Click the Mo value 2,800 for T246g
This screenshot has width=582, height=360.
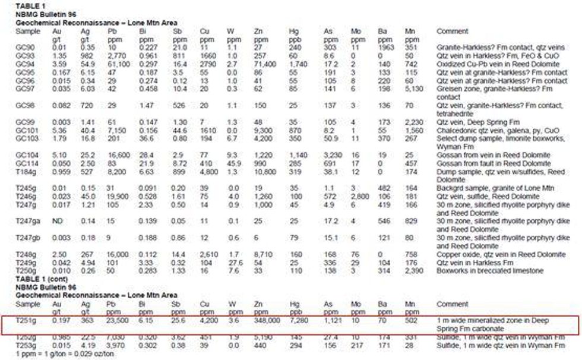coord(360,195)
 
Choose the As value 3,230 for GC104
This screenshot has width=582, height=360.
coord(333,154)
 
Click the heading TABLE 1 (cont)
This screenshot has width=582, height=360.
coord(37,279)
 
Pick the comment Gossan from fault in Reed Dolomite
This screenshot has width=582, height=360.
coord(493,163)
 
